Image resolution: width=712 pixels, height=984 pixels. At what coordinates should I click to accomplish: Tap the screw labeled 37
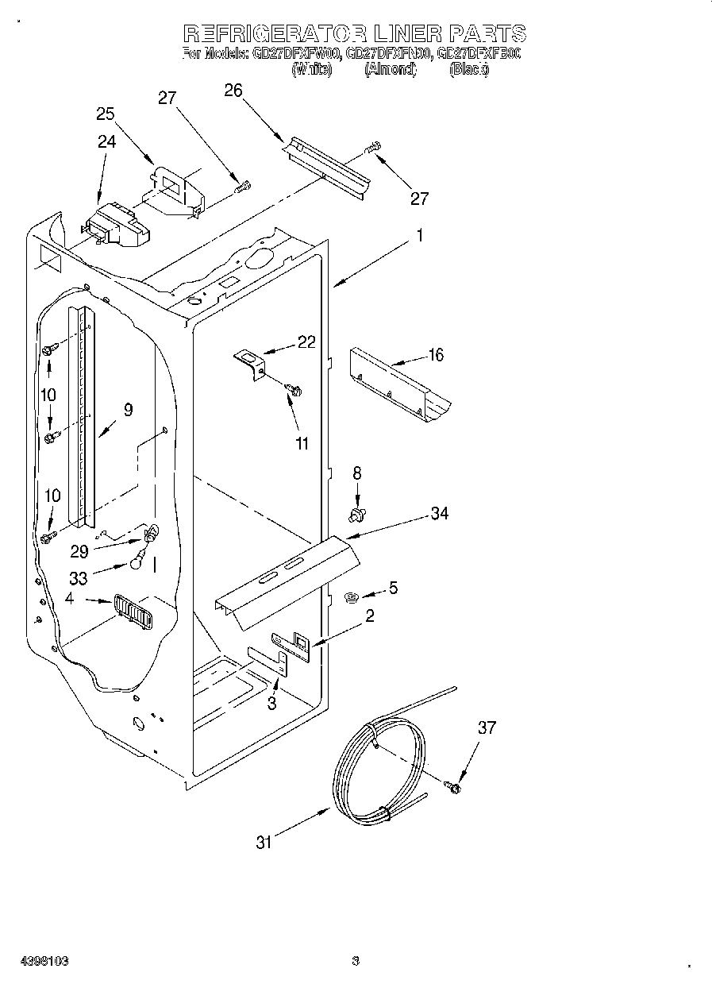point(453,787)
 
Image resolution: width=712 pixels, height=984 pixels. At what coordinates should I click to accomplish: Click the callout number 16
point(436,355)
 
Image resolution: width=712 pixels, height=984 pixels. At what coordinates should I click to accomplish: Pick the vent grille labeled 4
point(131,613)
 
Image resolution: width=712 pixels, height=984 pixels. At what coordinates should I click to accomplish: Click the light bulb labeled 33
point(138,562)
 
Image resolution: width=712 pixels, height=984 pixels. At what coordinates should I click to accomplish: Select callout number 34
point(439,514)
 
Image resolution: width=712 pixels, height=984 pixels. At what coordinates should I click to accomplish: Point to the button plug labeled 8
point(357,515)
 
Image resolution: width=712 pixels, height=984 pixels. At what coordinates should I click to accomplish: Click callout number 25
point(106,114)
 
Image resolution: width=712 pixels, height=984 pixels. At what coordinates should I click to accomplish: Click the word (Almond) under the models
point(390,70)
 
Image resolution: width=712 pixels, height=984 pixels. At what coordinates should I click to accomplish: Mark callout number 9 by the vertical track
point(127,410)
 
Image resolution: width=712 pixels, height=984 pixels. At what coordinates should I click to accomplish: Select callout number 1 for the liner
point(420,236)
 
